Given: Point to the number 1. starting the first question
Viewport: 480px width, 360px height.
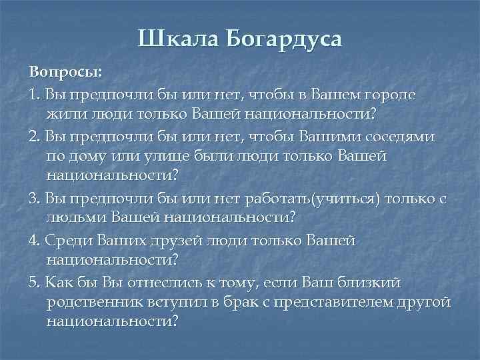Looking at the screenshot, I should pyautogui.click(x=34, y=94).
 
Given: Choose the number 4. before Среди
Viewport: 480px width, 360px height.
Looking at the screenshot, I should pyautogui.click(x=35, y=241).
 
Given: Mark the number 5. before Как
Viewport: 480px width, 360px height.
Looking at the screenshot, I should pyautogui.click(x=35, y=283).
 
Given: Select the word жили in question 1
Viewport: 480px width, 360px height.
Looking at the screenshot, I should pyautogui.click(x=63, y=115).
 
